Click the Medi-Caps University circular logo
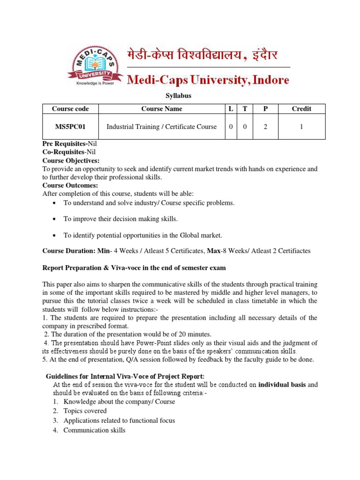click(x=92, y=66)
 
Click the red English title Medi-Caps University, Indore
click(x=209, y=80)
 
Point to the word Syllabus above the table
click(x=179, y=96)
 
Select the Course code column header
click(x=70, y=109)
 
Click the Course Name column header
click(x=162, y=109)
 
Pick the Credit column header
click(x=301, y=109)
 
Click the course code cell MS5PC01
click(x=70, y=127)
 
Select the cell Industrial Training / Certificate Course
click(x=162, y=127)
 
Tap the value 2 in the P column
click(x=265, y=127)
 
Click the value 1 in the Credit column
click(x=301, y=127)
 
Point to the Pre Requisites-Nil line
click(x=70, y=143)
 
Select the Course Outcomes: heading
click(x=70, y=185)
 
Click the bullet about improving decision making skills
click(x=120, y=219)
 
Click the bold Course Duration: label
click(x=69, y=251)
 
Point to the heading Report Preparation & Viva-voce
click(x=134, y=268)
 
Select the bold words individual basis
click(x=282, y=385)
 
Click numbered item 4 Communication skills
click(x=94, y=430)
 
